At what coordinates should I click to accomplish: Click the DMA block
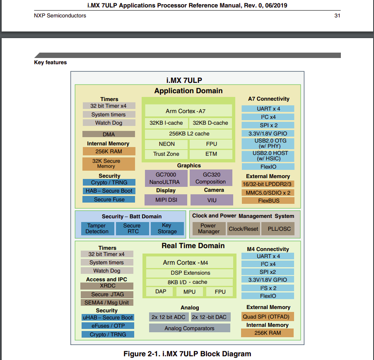[x=109, y=134]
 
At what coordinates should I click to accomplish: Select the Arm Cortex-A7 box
[x=188, y=111]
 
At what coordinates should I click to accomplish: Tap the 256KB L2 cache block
[x=189, y=133]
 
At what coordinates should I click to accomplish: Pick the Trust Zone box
[x=166, y=154]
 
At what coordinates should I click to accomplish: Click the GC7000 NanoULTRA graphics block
[x=166, y=178]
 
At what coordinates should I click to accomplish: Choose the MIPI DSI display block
[x=166, y=200]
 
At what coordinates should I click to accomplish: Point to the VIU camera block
[x=212, y=200]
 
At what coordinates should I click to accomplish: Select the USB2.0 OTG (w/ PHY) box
[x=268, y=143]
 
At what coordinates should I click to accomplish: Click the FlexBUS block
[x=268, y=201]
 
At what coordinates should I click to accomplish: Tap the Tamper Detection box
[x=97, y=229]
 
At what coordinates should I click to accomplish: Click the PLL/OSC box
[x=279, y=229]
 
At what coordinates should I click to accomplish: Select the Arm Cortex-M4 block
[x=188, y=263]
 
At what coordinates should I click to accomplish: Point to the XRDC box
[x=107, y=286]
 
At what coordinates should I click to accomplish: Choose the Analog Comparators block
[x=189, y=328]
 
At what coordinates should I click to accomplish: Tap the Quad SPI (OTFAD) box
[x=267, y=317]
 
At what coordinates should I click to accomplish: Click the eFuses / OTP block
[x=107, y=326]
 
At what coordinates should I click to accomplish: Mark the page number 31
[x=337, y=16]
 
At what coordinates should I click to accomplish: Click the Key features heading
[x=50, y=63]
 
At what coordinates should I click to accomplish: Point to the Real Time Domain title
[x=193, y=246]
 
